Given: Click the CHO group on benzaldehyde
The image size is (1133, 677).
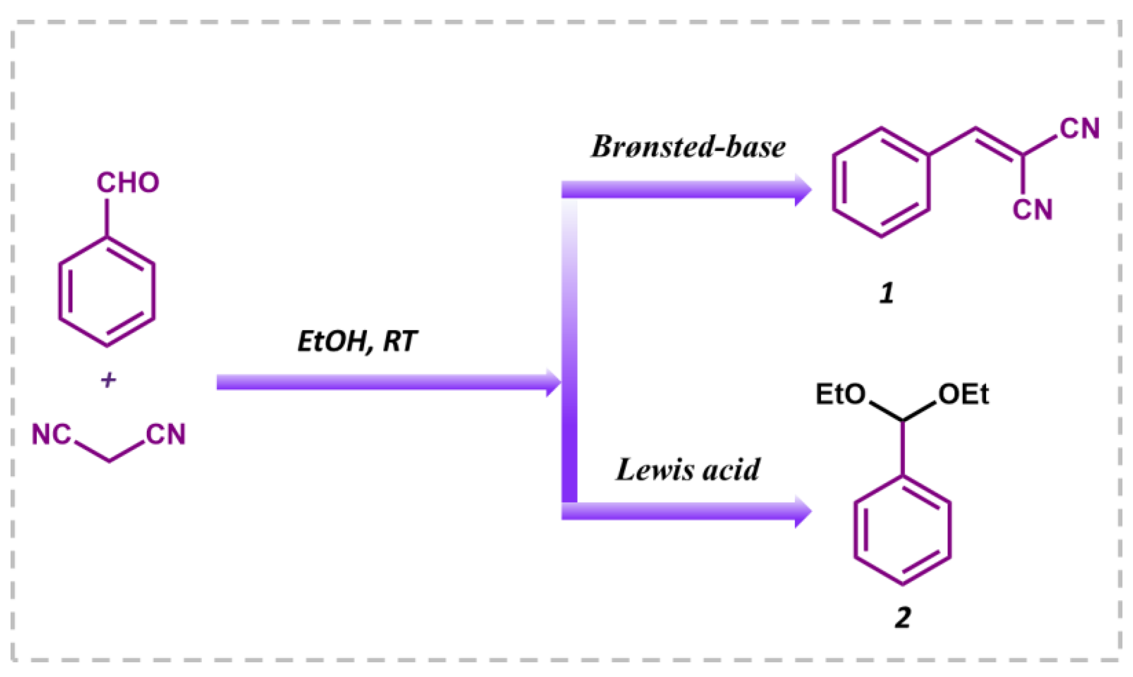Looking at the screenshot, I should (127, 183).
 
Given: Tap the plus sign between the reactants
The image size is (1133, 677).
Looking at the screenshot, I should (108, 380).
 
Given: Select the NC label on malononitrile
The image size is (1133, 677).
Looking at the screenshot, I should (51, 434).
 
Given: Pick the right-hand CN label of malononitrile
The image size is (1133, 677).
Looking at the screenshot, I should (166, 434).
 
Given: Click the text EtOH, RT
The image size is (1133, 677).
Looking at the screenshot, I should (357, 342).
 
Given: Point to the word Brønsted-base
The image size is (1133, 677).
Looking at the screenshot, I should (688, 147).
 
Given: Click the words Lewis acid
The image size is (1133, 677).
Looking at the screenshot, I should (688, 470).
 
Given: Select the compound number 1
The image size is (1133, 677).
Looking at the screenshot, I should (886, 294).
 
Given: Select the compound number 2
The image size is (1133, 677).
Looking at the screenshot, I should (902, 618).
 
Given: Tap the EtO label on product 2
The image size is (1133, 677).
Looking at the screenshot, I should (840, 394).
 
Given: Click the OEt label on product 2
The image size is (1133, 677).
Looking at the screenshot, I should (963, 394).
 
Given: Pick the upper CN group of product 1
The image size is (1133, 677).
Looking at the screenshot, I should (1079, 128).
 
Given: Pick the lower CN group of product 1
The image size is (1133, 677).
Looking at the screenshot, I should (1032, 210).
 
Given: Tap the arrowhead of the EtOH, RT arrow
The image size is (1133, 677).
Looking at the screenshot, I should (553, 382).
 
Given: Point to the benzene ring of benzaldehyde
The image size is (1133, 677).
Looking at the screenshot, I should (107, 292).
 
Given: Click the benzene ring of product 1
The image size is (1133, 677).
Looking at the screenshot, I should (881, 183).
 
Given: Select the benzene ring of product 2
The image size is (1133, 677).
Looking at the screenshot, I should (902, 530).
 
